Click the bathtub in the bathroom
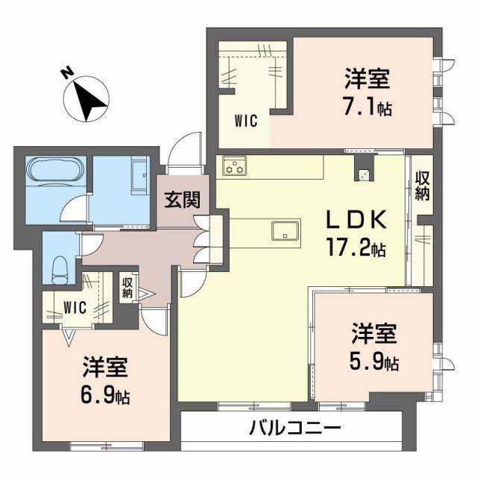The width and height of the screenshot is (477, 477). pos(57,171)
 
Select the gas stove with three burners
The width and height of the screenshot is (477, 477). pos(235,165)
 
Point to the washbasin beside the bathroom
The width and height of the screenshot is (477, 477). pos(139,177)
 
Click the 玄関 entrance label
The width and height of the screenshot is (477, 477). pos(183,200)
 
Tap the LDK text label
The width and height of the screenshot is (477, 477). pos(356,219)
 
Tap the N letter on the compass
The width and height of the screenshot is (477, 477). pos(67,73)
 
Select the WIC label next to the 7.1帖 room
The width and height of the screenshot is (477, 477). pos(246,121)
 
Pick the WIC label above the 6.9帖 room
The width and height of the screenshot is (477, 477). pos(75,308)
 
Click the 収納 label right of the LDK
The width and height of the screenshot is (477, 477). pos(423,186)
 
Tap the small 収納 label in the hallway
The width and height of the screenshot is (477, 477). pos(127,288)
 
